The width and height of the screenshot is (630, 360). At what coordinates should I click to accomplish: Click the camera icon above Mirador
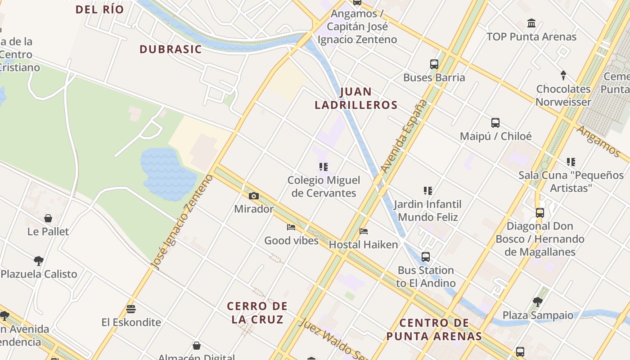click(254, 196)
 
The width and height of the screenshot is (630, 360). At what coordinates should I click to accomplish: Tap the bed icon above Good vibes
click(291, 227)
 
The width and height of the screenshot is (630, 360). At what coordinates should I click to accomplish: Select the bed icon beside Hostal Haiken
click(364, 231)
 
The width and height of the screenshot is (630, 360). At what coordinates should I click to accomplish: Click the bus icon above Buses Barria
click(434, 64)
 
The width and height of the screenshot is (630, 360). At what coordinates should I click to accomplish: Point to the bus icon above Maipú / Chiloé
click(495, 122)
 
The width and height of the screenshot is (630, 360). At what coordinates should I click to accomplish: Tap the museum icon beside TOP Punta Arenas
click(531, 23)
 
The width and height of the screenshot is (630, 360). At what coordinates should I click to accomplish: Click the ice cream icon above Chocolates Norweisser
click(563, 75)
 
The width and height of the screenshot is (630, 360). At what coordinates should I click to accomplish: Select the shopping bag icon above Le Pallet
click(48, 218)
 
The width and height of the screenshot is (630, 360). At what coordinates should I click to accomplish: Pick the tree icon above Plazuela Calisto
click(39, 261)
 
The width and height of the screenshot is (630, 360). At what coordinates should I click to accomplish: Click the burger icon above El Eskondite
click(131, 309)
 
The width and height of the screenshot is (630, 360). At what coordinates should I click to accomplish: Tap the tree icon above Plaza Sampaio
click(537, 301)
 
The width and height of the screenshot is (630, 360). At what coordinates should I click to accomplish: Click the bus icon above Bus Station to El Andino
click(425, 257)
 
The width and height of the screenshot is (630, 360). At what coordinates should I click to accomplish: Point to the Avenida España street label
click(404, 136)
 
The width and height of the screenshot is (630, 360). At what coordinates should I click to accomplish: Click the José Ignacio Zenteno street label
click(183, 222)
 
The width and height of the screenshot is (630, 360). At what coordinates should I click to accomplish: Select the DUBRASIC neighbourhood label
click(171, 49)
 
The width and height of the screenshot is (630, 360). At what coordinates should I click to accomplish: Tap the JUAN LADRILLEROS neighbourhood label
click(356, 99)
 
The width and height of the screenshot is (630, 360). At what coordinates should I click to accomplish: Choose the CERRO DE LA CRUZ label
click(257, 313)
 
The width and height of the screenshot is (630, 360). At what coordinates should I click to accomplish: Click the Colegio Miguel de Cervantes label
click(324, 186)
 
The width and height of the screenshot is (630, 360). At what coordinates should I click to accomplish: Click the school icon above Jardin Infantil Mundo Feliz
click(427, 191)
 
